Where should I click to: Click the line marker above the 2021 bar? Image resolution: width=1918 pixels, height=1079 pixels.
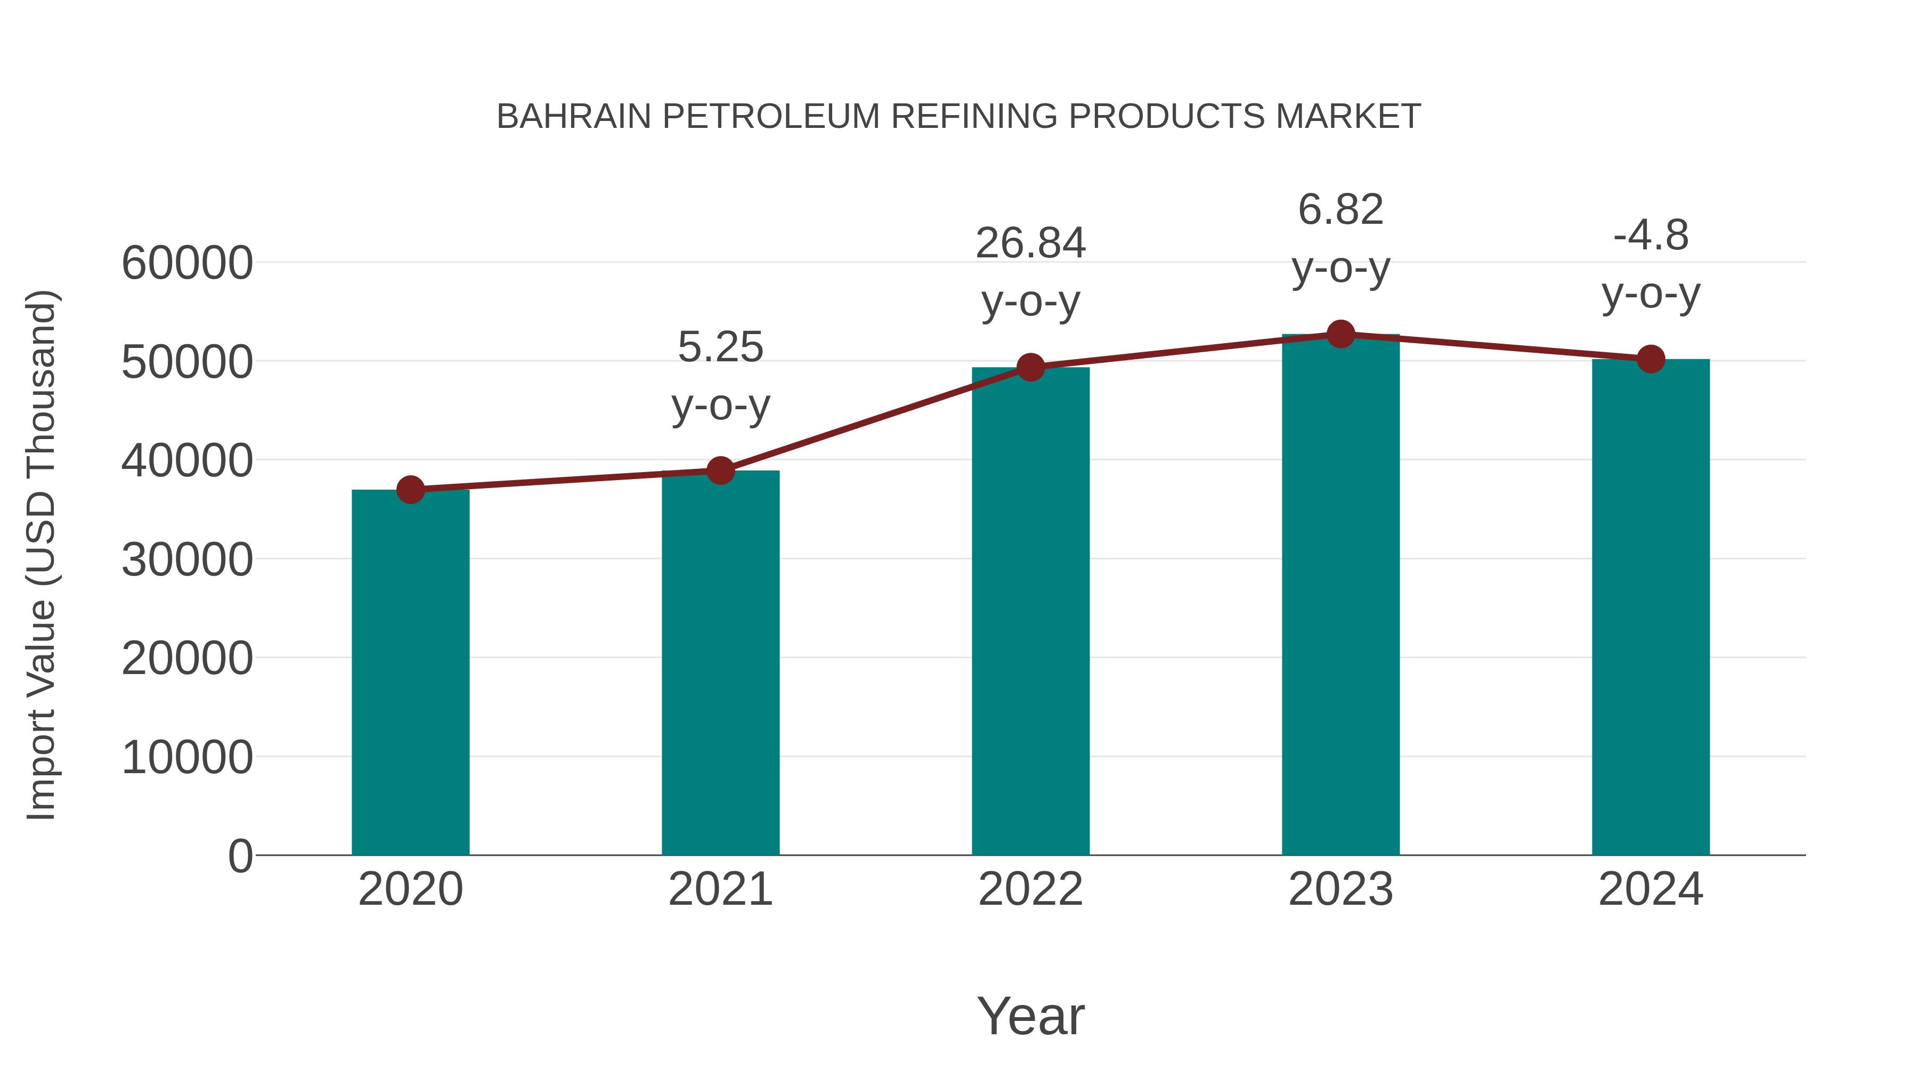pos(720,470)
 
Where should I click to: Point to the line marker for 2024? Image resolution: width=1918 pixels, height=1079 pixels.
pos(1651,359)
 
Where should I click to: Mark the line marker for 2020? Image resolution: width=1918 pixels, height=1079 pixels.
pos(410,490)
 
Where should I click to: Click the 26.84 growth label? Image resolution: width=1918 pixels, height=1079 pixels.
pos(1030,244)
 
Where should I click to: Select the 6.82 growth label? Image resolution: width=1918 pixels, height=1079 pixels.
pos(1340,209)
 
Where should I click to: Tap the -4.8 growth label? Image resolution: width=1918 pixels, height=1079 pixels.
pos(1651,236)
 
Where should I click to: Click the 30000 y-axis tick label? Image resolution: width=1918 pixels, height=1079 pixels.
pos(187,559)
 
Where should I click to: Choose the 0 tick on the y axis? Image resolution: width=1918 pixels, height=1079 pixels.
pos(240,856)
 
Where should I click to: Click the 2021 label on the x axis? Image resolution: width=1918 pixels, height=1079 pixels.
pos(720,889)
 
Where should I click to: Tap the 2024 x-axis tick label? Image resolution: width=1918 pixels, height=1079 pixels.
pos(1651,889)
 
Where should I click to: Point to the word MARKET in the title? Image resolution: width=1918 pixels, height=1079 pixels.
pos(1348,116)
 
